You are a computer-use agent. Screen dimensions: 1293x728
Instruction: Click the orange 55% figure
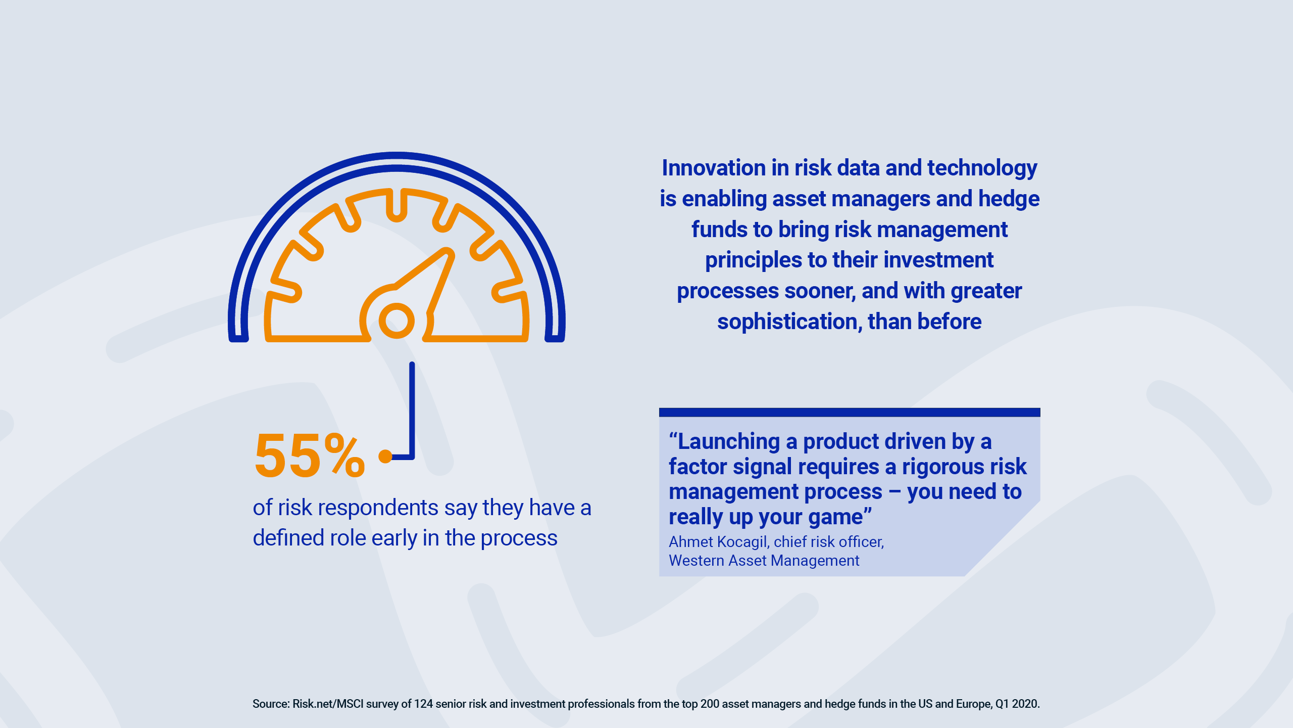click(309, 456)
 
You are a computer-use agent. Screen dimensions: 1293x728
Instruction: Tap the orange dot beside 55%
click(385, 456)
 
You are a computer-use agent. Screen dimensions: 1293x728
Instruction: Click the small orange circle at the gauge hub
click(396, 321)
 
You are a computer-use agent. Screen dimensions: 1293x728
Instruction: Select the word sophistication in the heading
click(789, 322)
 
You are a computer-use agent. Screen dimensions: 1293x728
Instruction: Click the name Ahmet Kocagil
click(718, 542)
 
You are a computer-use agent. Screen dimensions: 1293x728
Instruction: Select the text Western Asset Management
click(764, 561)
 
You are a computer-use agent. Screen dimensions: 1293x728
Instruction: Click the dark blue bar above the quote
click(850, 413)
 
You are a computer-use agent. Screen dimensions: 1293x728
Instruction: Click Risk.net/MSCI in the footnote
click(328, 704)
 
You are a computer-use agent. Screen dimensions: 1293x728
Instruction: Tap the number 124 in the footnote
click(423, 704)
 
